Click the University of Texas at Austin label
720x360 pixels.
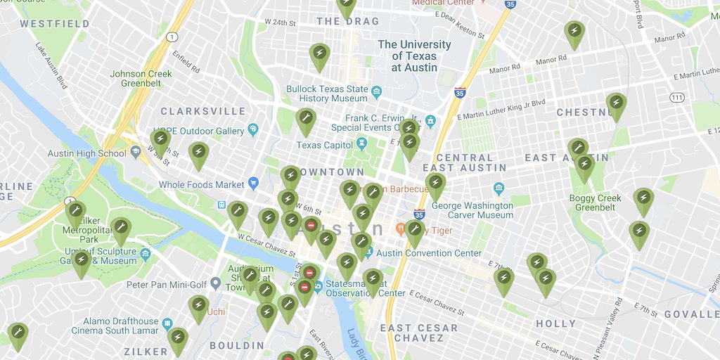click(414, 56)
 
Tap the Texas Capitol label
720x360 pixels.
click(323, 145)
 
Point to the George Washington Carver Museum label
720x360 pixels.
click(472, 210)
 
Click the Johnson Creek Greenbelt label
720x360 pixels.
click(141, 78)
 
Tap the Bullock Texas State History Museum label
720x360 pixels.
click(327, 94)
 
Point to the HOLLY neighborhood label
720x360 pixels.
click(555, 324)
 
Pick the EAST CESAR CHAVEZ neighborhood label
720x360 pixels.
click(419, 333)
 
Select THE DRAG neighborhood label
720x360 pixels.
click(347, 22)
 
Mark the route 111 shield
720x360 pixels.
click(677, 96)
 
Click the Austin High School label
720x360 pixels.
click(87, 153)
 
